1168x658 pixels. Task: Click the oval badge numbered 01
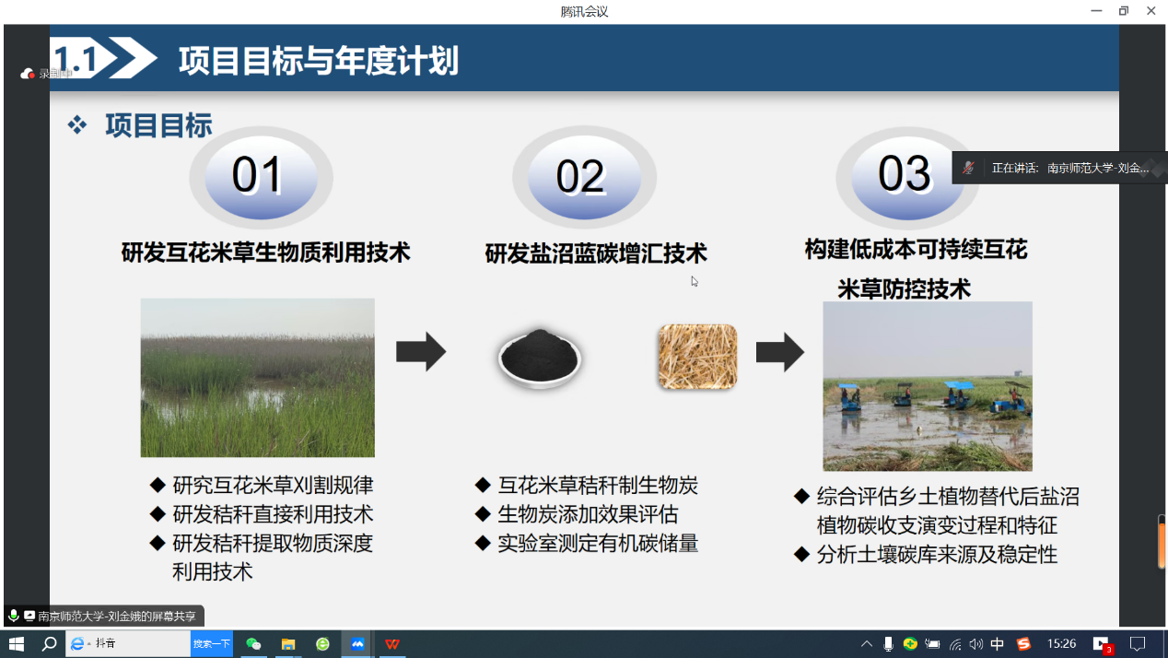pyautogui.click(x=258, y=176)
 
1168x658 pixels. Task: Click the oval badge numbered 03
pyautogui.click(x=905, y=174)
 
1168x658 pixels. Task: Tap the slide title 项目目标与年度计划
pyautogui.click(x=318, y=61)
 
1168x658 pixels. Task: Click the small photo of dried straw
pyautogui.click(x=697, y=356)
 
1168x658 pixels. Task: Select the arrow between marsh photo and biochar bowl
pyautogui.click(x=421, y=351)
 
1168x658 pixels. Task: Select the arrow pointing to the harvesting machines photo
pyautogui.click(x=779, y=352)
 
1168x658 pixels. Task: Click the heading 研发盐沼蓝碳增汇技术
pyautogui.click(x=596, y=253)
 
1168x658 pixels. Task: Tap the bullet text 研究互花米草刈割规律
pyautogui.click(x=273, y=486)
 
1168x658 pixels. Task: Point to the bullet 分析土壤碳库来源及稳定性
pyautogui.click(x=937, y=555)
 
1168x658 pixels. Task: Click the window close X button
pyautogui.click(x=1150, y=11)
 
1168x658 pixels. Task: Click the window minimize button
pyautogui.click(x=1096, y=11)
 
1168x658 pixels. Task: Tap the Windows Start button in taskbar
pyautogui.click(x=16, y=643)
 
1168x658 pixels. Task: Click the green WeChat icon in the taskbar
pyautogui.click(x=253, y=644)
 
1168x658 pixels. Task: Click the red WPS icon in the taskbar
pyautogui.click(x=392, y=644)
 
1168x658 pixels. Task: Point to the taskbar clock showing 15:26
pyautogui.click(x=1061, y=644)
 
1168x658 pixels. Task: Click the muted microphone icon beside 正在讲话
pyautogui.click(x=968, y=168)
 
